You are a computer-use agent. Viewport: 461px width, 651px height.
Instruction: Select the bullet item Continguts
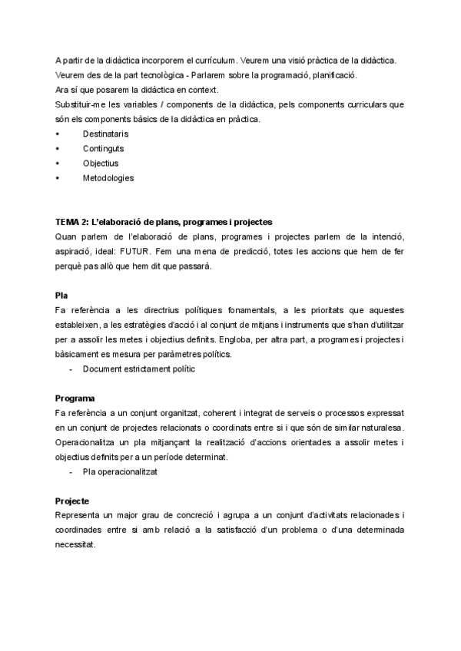[104, 148]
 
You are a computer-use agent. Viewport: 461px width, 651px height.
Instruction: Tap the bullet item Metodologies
[108, 177]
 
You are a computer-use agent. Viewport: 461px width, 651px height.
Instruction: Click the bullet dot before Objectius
[58, 163]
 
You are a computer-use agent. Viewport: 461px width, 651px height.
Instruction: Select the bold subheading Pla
[61, 295]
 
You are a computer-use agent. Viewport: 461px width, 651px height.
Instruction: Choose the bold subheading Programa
[75, 398]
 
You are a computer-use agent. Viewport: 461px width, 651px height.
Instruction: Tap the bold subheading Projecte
[74, 501]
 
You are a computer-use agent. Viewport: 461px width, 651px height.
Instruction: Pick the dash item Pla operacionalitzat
[120, 472]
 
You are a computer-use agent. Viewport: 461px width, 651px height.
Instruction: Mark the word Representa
[79, 515]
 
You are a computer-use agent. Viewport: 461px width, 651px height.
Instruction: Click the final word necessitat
[76, 544]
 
